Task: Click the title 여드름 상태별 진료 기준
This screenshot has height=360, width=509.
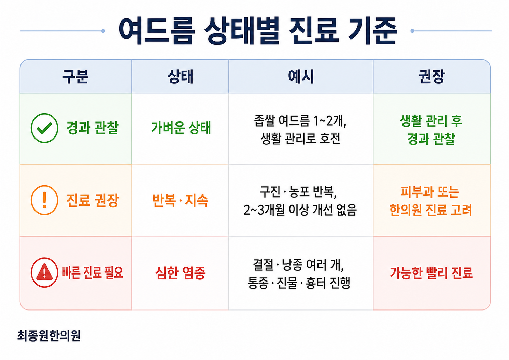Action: pos(258,31)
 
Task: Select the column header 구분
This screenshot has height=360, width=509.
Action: pos(75,76)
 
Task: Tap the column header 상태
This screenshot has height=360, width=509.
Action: pos(180,76)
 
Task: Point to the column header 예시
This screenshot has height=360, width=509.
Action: pos(301,76)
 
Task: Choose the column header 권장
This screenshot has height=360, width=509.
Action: pos(432,76)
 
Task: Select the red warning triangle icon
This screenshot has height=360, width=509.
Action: pos(44,272)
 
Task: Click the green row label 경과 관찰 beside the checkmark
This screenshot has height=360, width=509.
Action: pos(93,128)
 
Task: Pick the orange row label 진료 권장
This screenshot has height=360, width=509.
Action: pos(93,200)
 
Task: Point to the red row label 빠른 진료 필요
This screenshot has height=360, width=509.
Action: pos(93,272)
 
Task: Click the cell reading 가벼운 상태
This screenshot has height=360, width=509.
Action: pos(181,128)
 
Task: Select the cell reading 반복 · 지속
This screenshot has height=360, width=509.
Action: pos(180,201)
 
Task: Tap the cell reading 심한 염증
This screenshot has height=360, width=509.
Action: pos(181,273)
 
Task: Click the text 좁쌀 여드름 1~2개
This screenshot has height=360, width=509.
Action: pos(300,121)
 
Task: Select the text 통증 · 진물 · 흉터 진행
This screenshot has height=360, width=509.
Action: pos(299,283)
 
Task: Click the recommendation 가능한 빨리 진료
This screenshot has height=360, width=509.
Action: pos(431,273)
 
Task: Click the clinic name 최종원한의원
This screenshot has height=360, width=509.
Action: pos(49,335)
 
